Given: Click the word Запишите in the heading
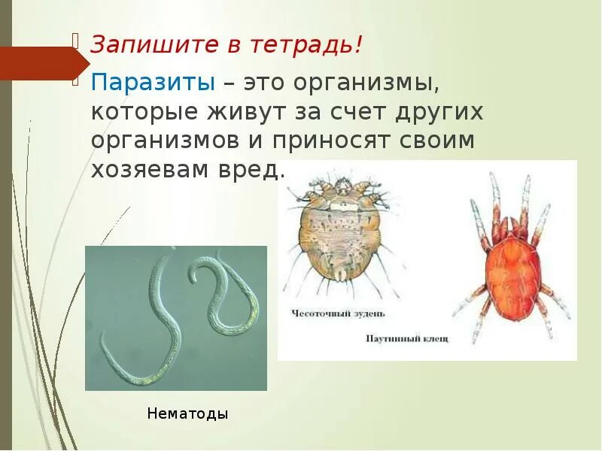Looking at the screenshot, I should [x=140, y=44].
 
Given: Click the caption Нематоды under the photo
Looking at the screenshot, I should [x=187, y=413].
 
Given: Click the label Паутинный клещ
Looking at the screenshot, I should [x=406, y=339].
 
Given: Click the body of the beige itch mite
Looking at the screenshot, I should [x=346, y=234].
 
